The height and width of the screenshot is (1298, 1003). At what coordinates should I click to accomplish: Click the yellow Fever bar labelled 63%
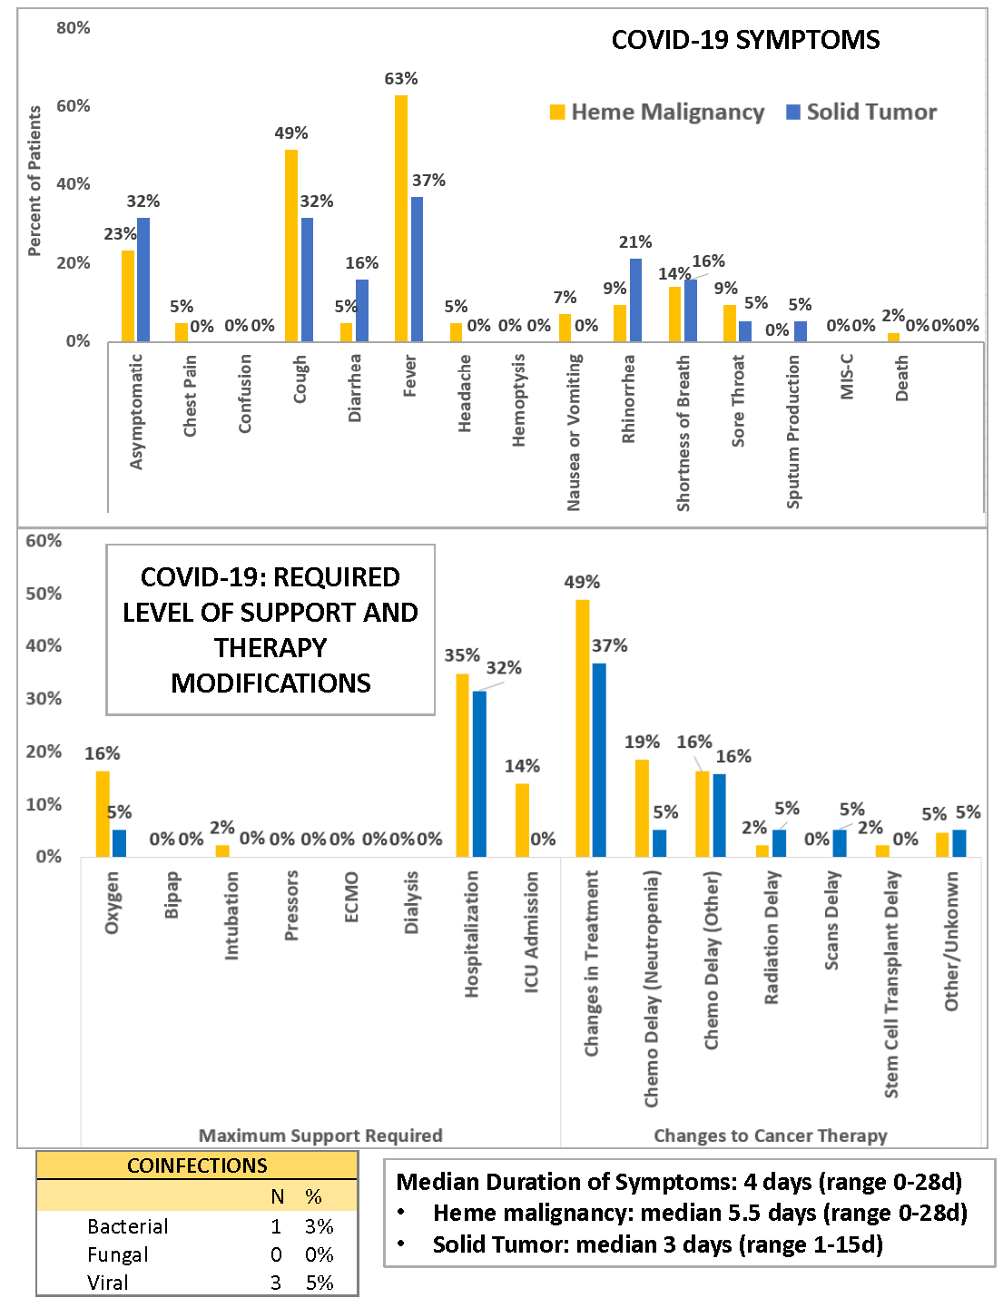(x=401, y=218)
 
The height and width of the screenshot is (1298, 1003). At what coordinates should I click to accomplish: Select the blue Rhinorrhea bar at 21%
(x=635, y=300)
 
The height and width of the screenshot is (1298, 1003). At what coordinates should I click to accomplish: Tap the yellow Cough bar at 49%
(x=291, y=245)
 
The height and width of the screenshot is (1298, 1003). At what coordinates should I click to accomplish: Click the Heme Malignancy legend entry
(x=658, y=112)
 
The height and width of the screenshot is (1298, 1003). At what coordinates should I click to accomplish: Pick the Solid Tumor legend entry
(x=861, y=112)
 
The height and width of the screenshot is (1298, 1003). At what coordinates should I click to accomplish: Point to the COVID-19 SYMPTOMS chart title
(x=745, y=40)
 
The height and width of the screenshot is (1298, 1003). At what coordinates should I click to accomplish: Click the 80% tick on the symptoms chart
(x=74, y=28)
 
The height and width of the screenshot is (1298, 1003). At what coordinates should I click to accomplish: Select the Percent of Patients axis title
(x=34, y=182)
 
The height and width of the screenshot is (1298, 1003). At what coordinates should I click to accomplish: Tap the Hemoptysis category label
(x=519, y=400)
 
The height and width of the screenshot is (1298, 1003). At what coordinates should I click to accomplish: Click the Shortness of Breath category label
(x=683, y=433)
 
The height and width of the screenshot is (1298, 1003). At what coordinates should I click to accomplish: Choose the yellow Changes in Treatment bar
(x=583, y=728)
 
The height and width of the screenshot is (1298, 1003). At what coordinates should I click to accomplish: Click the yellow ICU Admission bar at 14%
(x=522, y=820)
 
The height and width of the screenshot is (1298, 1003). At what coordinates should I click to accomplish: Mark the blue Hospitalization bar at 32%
(x=479, y=773)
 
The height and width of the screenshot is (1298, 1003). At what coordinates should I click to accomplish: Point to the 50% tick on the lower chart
(x=44, y=594)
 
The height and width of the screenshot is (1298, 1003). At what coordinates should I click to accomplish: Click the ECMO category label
(x=352, y=897)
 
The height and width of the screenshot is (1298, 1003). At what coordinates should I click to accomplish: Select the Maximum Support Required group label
(x=320, y=1136)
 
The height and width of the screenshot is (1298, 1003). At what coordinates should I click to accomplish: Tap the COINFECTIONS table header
(x=197, y=1165)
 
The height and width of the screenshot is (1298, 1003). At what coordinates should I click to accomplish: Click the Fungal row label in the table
(x=118, y=1254)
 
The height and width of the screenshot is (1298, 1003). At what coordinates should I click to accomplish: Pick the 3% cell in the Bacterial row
(x=320, y=1226)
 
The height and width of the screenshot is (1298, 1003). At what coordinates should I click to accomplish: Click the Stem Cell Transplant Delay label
(x=892, y=984)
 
